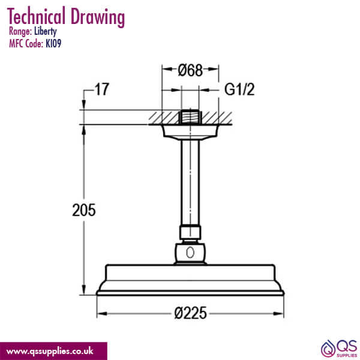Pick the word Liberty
46,32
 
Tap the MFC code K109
53,43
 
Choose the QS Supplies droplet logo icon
329,347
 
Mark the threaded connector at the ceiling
190,116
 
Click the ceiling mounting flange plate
190,131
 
